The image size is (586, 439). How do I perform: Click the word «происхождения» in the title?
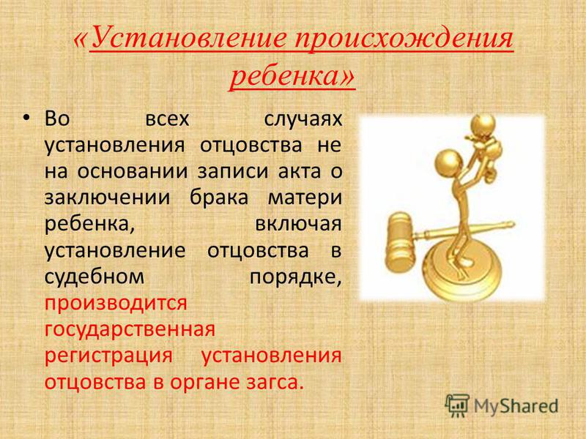(x=404, y=40)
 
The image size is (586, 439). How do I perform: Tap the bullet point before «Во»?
(x=26, y=119)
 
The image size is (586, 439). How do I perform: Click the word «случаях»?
(x=303, y=119)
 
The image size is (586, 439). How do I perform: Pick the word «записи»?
(x=233, y=171)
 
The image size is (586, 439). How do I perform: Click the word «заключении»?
(x=107, y=198)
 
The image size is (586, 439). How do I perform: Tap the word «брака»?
(x=219, y=197)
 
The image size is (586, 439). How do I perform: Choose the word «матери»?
(x=305, y=198)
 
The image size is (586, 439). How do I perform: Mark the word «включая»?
(x=298, y=224)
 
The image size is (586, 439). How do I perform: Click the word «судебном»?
(x=94, y=277)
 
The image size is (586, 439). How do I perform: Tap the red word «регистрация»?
(x=108, y=356)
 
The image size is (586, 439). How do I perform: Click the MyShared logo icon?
(x=457, y=406)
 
